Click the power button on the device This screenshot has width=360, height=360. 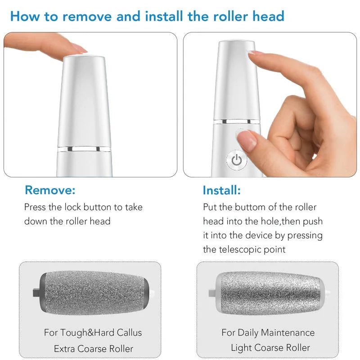pyautogui.click(x=237, y=160)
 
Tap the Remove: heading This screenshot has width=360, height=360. pyautogui.click(x=50, y=190)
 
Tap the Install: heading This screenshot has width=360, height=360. pyautogui.click(x=221, y=190)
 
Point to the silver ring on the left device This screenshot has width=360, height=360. pyautogui.click(x=84, y=148)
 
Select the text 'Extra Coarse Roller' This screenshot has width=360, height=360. pyautogui.click(x=94, y=349)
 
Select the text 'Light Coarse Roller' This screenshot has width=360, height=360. pyautogui.click(x=270, y=348)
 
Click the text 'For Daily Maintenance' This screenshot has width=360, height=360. pyautogui.click(x=268, y=333)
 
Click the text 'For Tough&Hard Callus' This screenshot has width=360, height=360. pyautogui.click(x=93, y=333)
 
